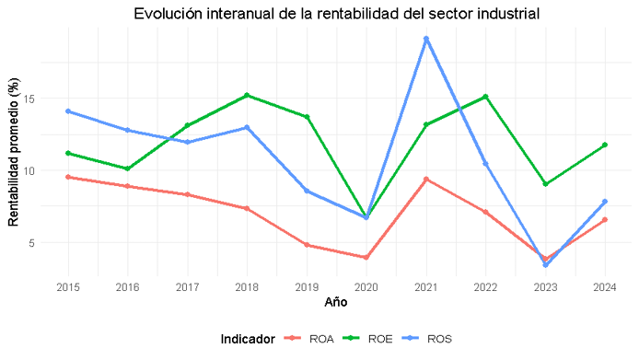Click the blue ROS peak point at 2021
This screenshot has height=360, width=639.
426,39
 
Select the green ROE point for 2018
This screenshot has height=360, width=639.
247,95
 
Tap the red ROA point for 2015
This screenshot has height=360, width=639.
67,177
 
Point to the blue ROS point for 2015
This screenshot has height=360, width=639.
67,111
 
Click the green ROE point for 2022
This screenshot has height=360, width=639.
485,97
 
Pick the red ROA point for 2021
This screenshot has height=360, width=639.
426,180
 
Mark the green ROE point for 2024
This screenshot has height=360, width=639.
605,145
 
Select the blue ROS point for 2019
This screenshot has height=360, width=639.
307,192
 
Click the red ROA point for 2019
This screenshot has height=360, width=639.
307,245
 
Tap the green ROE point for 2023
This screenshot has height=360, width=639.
545,184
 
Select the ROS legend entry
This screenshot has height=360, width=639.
430,340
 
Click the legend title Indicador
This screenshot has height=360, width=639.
247,340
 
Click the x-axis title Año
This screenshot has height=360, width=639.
336,303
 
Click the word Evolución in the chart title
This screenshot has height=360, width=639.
168,14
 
